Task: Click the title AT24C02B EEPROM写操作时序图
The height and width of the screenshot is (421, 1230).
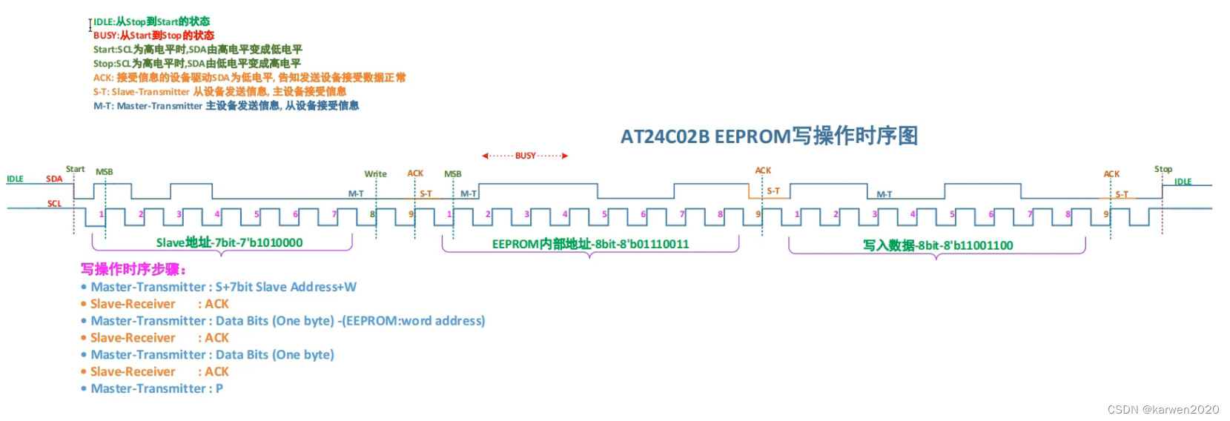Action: pos(769,136)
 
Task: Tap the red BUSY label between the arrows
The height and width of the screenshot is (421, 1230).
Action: pos(525,156)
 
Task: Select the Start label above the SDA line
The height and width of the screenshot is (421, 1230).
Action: pos(75,169)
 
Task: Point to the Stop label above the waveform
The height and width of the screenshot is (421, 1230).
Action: pos(1163,169)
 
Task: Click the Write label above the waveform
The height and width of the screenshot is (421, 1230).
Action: pos(375,174)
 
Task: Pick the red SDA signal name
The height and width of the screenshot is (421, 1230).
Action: pos(54,179)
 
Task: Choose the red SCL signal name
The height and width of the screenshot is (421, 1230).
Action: pos(54,203)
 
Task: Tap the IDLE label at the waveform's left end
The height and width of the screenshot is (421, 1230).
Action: pos(15,179)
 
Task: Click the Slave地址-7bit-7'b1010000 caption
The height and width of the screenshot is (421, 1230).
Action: pos(229,242)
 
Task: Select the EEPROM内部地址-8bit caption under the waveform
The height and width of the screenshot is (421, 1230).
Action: pos(590,244)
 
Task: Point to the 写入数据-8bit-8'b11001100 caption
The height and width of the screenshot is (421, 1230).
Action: pos(937,245)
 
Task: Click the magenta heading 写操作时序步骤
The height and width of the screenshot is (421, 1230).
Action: pos(133,269)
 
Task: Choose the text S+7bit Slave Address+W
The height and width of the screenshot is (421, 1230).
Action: pos(285,287)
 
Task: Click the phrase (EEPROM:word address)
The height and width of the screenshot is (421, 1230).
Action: pos(413,321)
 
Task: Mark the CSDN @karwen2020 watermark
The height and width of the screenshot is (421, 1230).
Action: pos(1163,409)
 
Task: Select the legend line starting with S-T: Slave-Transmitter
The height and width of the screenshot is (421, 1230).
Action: pos(219,92)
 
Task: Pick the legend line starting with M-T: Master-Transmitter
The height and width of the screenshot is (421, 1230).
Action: pos(226,106)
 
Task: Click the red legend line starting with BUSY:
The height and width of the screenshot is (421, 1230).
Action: pos(153,36)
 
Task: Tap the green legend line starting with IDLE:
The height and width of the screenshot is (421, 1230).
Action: pos(151,21)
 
